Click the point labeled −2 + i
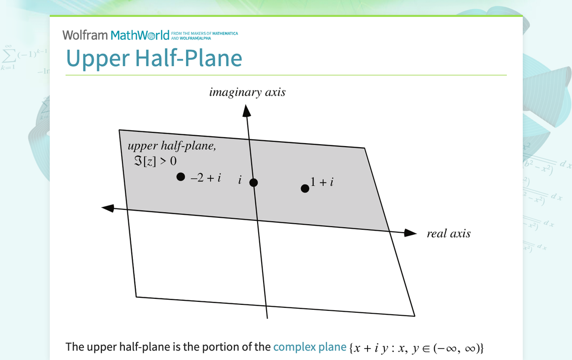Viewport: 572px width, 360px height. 181,177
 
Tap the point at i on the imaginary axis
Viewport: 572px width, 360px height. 254,182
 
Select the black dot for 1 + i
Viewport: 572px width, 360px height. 305,188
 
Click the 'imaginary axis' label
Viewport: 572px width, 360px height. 247,92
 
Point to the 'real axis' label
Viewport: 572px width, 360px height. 448,234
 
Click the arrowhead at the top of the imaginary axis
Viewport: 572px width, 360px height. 246,111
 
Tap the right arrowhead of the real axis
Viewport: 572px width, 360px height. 410,233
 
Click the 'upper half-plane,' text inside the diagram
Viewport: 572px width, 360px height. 172,146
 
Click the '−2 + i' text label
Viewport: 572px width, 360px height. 206,178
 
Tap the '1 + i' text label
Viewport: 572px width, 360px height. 322,182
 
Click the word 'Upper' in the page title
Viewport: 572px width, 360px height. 97,58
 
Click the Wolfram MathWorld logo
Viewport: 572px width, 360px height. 116,35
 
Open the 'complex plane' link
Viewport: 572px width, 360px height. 309,347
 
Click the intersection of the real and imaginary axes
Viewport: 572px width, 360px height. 257,220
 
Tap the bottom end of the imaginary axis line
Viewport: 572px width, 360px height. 268,317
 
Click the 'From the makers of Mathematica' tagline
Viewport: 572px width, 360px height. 204,35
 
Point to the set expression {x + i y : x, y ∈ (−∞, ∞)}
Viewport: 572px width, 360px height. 417,347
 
